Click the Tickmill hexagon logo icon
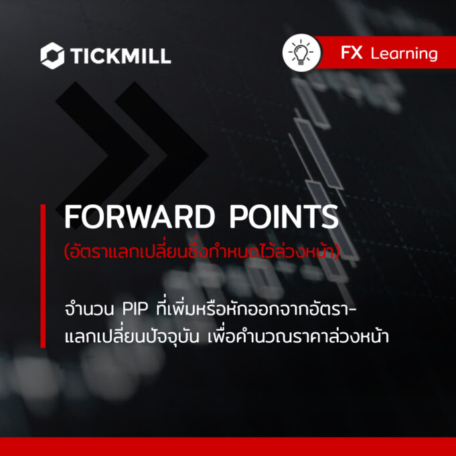pos(52,56)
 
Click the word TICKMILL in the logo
pos(121,56)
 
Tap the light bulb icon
pos(301,53)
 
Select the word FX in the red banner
pos(352,53)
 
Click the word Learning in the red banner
pos(404,54)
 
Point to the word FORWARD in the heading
pos(139,217)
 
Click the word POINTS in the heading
pos(284,217)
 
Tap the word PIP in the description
pos(135,309)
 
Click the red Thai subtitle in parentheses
pos(202,250)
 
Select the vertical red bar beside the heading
pos(43,276)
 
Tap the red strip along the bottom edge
pos(228,447)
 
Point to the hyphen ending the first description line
pos(352,309)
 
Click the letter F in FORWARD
pos(72,217)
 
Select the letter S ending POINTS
pos(330,217)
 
